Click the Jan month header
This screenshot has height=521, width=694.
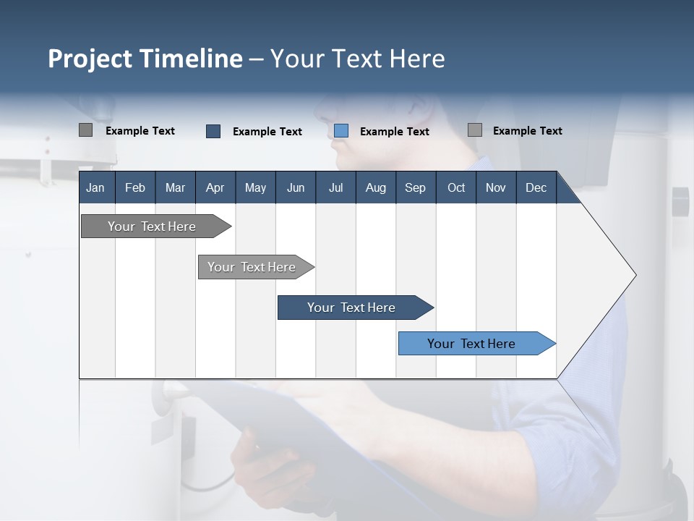click(95, 187)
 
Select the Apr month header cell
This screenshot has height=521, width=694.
click(215, 187)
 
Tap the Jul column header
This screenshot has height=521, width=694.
click(335, 187)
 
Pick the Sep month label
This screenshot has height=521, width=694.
click(415, 187)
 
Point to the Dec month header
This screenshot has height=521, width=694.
click(536, 187)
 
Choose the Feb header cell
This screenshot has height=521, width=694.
click(135, 187)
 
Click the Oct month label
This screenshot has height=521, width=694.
click(456, 187)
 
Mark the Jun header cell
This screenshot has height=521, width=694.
click(295, 187)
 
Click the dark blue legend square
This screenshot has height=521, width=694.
click(213, 131)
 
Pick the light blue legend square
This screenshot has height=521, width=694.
click(341, 131)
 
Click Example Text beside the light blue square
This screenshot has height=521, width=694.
click(394, 132)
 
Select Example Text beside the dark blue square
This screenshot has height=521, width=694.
click(267, 132)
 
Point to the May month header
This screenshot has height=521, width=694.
click(255, 187)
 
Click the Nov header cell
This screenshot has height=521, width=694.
click(495, 187)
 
